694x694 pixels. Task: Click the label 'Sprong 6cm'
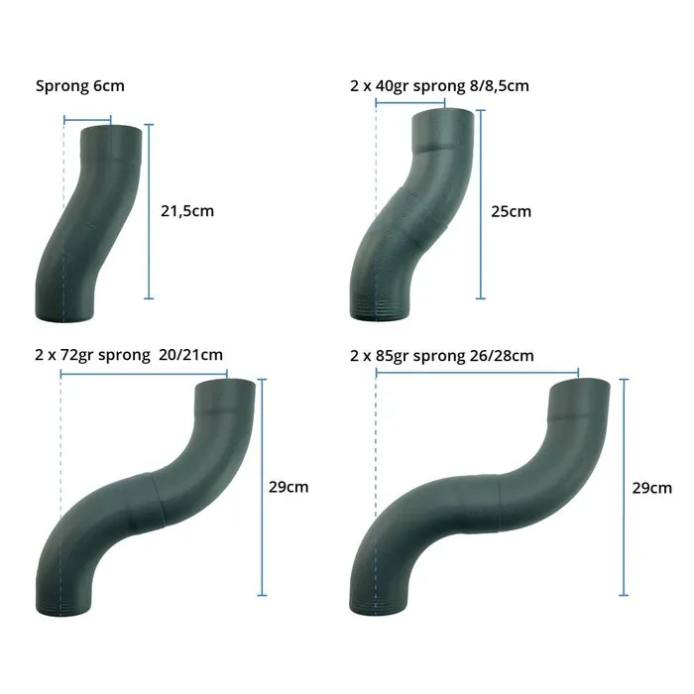click(80, 86)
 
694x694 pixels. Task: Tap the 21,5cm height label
click(186, 210)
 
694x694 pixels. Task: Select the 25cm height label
click(512, 210)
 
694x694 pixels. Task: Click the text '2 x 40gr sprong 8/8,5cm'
click(440, 86)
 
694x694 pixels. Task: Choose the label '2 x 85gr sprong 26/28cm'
click(442, 354)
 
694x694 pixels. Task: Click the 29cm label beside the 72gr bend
click(289, 487)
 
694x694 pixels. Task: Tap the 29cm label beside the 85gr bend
click(651, 487)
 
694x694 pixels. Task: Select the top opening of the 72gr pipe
click(224, 386)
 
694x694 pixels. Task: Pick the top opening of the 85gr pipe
click(581, 384)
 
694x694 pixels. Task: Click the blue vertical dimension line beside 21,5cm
click(149, 210)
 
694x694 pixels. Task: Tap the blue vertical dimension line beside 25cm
click(481, 203)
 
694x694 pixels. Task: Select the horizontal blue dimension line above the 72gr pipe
click(144, 375)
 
